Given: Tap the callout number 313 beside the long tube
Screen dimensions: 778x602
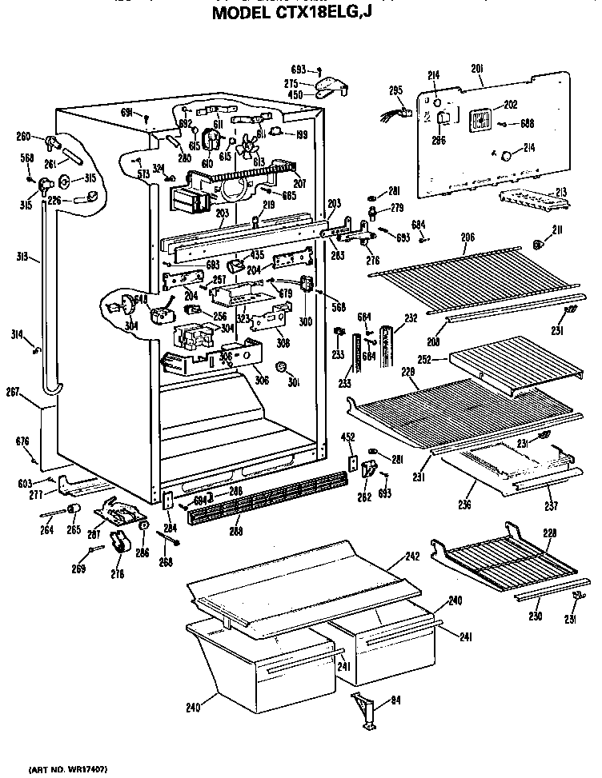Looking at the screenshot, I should pyautogui.click(x=22, y=257).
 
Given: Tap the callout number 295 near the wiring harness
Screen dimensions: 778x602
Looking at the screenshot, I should pyautogui.click(x=395, y=91).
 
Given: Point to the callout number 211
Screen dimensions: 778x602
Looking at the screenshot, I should pyautogui.click(x=553, y=231).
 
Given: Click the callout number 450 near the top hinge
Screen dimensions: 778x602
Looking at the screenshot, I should pyautogui.click(x=294, y=94).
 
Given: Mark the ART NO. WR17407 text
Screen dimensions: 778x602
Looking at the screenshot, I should pyautogui.click(x=68, y=768).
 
